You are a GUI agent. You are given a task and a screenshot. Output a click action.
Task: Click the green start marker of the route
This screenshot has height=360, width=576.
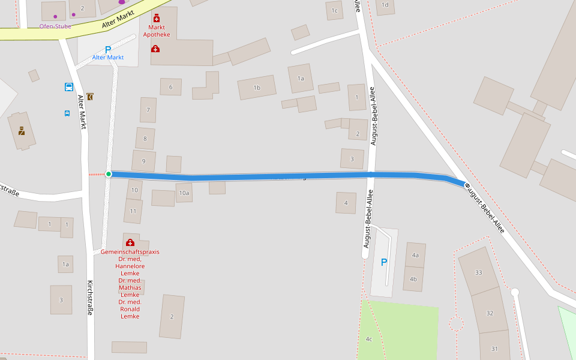(109, 174)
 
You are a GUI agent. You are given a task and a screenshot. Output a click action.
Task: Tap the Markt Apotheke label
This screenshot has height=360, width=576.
(157, 31)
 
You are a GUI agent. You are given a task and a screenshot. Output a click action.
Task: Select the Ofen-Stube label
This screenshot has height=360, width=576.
(55, 26)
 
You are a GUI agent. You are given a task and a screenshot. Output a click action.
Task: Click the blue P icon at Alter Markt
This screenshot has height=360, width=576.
(108, 50)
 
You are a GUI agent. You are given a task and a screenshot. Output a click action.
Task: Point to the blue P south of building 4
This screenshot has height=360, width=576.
(384, 262)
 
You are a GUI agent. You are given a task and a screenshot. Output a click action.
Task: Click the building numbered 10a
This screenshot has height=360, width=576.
(184, 193)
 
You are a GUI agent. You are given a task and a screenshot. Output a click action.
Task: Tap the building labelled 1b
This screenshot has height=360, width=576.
(257, 88)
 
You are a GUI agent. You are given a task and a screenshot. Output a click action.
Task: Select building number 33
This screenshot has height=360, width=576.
(478, 272)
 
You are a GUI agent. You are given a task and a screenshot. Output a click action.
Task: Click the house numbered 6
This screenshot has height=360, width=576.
(170, 87)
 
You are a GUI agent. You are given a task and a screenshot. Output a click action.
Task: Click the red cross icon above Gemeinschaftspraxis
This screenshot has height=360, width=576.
(130, 242)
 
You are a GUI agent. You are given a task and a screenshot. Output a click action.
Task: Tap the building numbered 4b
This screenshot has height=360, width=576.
(413, 279)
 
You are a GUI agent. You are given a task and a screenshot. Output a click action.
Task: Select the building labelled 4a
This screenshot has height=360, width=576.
(415, 255)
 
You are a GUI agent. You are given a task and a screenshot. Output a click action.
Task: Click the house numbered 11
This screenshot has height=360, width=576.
(133, 211)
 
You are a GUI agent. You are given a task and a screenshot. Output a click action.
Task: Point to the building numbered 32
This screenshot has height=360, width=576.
(490, 313)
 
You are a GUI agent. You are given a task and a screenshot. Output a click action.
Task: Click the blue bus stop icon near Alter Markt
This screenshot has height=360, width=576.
(69, 87)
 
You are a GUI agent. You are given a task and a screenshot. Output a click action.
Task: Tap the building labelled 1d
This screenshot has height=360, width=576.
(385, 5)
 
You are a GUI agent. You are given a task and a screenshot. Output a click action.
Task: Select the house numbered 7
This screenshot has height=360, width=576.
(148, 110)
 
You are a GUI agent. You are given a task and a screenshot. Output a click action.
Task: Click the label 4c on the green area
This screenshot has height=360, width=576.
(369, 339)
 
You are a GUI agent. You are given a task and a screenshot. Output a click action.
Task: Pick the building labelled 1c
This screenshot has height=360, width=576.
(334, 10)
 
